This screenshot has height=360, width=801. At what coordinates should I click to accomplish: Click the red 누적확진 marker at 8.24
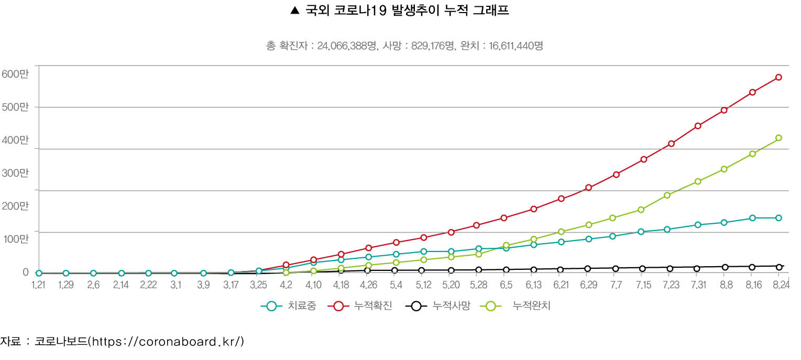click(778, 78)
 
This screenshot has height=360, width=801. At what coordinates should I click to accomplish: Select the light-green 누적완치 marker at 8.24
click(778, 138)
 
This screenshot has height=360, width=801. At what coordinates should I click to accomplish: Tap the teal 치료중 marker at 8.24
click(778, 218)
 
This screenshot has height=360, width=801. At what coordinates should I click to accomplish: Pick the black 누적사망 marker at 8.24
click(778, 267)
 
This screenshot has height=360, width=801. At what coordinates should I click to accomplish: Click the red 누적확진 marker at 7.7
click(617, 174)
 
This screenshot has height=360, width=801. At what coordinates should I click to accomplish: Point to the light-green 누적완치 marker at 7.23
click(667, 195)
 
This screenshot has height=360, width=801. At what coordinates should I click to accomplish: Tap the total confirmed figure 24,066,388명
click(347, 46)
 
